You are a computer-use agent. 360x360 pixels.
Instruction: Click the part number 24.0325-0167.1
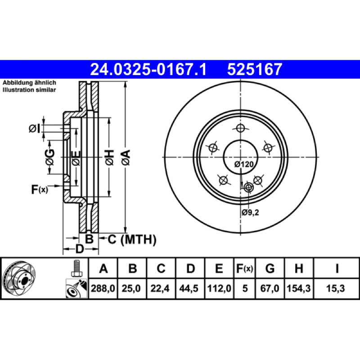(148, 69)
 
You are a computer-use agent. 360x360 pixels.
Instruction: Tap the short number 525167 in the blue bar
(254, 69)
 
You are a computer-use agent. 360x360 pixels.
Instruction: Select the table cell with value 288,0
(103, 288)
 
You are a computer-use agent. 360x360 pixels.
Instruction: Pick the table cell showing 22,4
(160, 288)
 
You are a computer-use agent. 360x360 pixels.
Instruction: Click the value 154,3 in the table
(299, 288)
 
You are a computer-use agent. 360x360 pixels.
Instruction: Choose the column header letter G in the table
(270, 268)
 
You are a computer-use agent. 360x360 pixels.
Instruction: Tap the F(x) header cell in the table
(245, 268)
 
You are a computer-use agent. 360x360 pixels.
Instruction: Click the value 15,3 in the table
(336, 288)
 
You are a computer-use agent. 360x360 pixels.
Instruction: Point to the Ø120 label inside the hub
(244, 164)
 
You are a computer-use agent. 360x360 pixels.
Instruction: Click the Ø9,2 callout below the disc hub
(250, 212)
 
